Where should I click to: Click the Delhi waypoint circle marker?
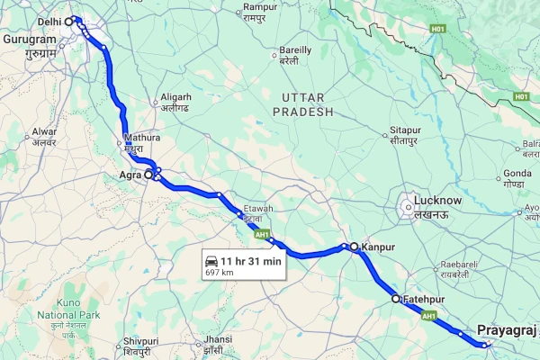[x=70, y=20]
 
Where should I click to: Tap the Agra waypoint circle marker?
[x=149, y=175]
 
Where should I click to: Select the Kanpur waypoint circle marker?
[x=355, y=246]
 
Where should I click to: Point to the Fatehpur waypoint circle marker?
[x=395, y=298]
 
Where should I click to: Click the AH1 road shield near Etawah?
[x=262, y=235]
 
